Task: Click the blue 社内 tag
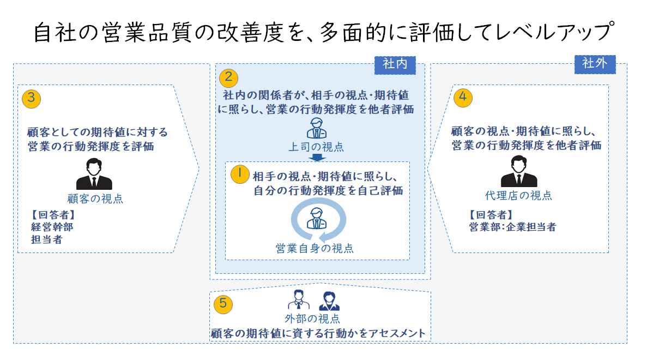pyautogui.click(x=395, y=65)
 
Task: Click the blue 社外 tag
pyautogui.click(x=595, y=64)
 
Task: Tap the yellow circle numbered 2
pyautogui.click(x=228, y=78)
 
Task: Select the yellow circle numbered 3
pyautogui.click(x=31, y=99)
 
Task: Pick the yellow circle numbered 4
pyautogui.click(x=463, y=98)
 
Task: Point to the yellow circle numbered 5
pyautogui.click(x=223, y=304)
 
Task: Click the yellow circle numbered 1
pyautogui.click(x=240, y=174)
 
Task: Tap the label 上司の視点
pyautogui.click(x=316, y=147)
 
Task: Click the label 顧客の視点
pyautogui.click(x=95, y=199)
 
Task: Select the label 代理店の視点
pyautogui.click(x=518, y=195)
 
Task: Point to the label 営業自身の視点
pyautogui.click(x=315, y=248)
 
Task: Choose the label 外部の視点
pyautogui.click(x=312, y=319)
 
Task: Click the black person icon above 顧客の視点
pyautogui.click(x=94, y=174)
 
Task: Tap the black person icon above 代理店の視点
pyautogui.click(x=519, y=171)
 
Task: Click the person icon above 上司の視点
pyautogui.click(x=317, y=128)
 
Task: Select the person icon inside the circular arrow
pyautogui.click(x=317, y=218)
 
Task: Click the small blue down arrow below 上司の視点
pyautogui.click(x=317, y=158)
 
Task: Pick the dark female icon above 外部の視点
pyautogui.click(x=329, y=301)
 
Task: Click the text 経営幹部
pyautogui.click(x=52, y=227)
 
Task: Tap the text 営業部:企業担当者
pyautogui.click(x=512, y=227)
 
